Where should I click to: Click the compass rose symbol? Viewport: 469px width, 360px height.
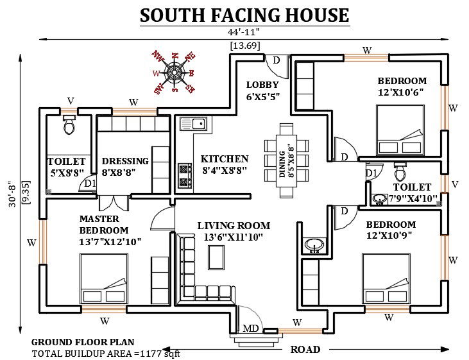(173, 71)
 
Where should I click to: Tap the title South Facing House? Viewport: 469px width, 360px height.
(244, 15)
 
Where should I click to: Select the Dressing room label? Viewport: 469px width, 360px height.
(125, 161)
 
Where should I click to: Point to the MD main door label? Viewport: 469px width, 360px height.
(251, 329)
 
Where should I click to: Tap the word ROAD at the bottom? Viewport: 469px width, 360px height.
(305, 350)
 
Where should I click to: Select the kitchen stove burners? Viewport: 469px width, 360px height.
(185, 175)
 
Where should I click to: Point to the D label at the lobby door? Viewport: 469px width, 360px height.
(277, 60)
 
